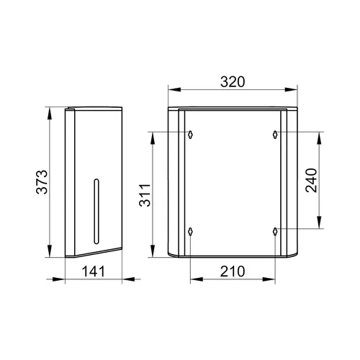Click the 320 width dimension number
[233, 81]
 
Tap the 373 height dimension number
[42, 182]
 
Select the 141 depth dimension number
[94, 271]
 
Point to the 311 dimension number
[145, 195]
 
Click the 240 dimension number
[311, 180]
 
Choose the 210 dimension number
[233, 271]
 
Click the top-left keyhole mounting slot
[190, 134]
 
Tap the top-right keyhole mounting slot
[275, 134]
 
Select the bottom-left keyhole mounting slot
[190, 231]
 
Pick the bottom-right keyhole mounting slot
[275, 231]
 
